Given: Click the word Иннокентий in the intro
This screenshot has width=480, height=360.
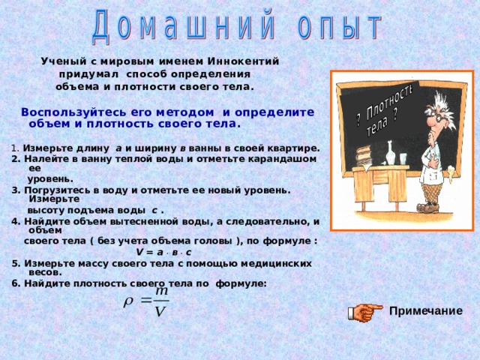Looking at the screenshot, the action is click(x=243, y=61).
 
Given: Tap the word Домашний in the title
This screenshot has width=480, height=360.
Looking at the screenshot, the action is click(x=183, y=25).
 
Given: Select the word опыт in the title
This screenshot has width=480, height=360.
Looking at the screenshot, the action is click(x=339, y=25).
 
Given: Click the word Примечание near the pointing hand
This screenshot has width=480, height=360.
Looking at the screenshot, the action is click(x=426, y=311).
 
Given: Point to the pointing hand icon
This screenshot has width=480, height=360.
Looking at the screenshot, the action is click(x=365, y=312).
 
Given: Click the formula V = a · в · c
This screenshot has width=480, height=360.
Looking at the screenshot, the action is click(x=163, y=253).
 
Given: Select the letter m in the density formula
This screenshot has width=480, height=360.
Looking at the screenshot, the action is click(x=162, y=291).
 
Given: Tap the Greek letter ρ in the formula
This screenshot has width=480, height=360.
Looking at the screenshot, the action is click(x=128, y=303).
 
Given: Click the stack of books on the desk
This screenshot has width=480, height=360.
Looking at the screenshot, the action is click(x=364, y=157).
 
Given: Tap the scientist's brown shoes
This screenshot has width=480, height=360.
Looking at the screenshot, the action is click(x=428, y=208).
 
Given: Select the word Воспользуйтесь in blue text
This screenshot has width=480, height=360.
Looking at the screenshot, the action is click(x=73, y=112).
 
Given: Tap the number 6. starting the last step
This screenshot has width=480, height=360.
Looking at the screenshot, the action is click(x=16, y=283).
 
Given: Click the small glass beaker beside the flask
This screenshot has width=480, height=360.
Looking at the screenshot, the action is click(x=403, y=158).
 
